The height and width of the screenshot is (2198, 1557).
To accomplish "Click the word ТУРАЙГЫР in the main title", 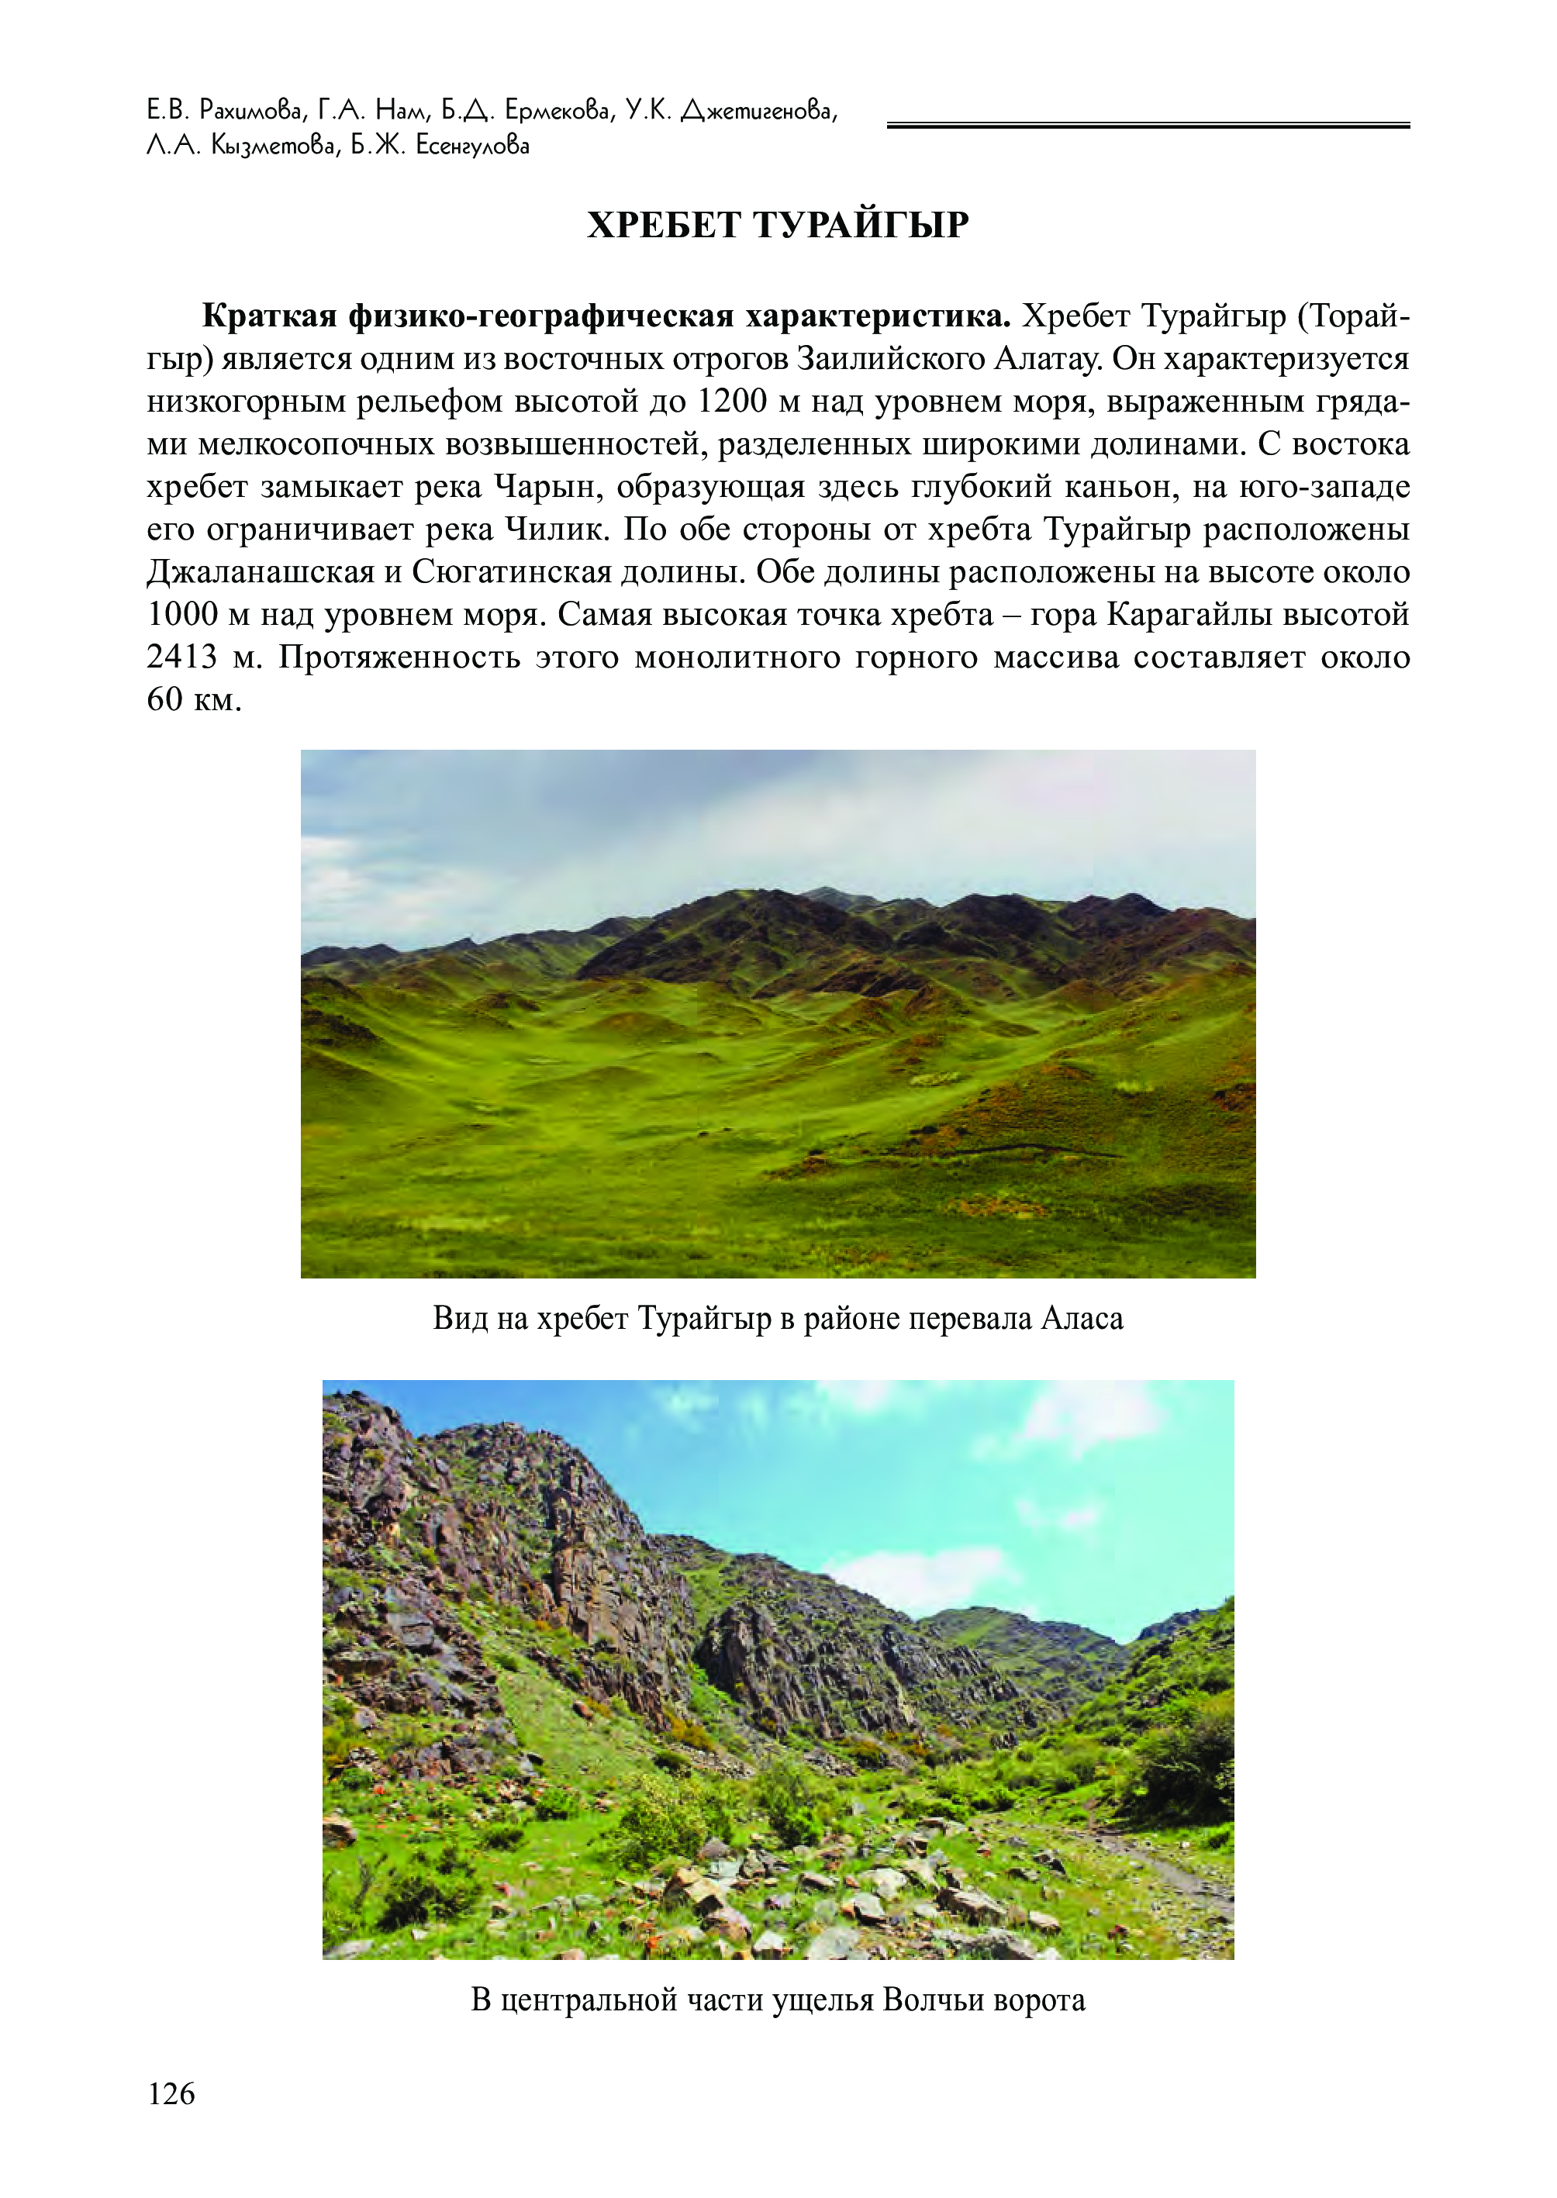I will (860, 226).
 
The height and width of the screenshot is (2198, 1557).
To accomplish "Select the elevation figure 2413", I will (182, 657).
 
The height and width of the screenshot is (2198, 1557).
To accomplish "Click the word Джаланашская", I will (258, 572).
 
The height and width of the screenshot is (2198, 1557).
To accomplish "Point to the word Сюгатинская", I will (511, 572).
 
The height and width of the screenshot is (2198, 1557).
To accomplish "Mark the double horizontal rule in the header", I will (1148, 125).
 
